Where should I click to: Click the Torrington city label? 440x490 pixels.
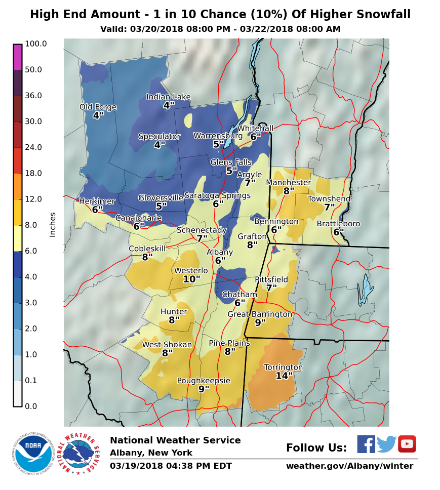[284, 367]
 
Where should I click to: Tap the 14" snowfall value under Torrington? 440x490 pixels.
[284, 376]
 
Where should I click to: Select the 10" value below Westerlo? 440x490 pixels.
[191, 279]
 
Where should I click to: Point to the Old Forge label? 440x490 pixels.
[98, 107]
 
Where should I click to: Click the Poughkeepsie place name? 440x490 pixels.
[204, 381]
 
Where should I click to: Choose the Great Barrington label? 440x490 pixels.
[260, 314]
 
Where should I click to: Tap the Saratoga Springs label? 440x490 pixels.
[217, 195]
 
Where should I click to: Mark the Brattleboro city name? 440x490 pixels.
[338, 224]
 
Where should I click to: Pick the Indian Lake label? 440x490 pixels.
[169, 97]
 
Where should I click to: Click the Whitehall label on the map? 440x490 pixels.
[255, 129]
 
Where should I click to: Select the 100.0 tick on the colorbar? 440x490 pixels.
[36, 44]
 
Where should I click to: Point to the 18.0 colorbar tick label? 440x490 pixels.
[34, 174]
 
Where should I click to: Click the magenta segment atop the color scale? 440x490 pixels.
[18, 57]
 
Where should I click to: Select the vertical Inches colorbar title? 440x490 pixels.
[53, 224]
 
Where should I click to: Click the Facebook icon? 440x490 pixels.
[366, 444]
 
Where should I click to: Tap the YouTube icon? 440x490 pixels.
[407, 444]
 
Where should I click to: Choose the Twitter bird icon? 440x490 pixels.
[386, 444]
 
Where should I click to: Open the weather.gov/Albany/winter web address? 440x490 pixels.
[349, 466]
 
